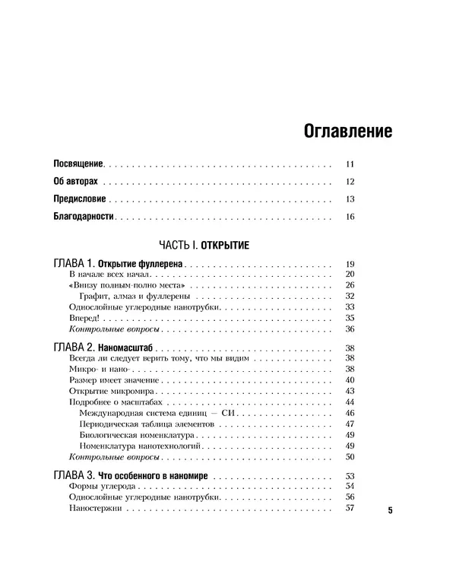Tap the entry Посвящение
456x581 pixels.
78,164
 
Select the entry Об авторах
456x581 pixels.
77,182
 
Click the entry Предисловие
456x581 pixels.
80,199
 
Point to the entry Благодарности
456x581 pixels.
84,217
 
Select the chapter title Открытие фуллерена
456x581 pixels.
144,263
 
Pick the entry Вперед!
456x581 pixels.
83,318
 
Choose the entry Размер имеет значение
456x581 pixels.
113,379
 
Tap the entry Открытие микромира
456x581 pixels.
109,390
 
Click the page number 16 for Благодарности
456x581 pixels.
350,217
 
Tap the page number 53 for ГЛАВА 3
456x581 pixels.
350,475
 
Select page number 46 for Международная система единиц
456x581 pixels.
350,412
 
